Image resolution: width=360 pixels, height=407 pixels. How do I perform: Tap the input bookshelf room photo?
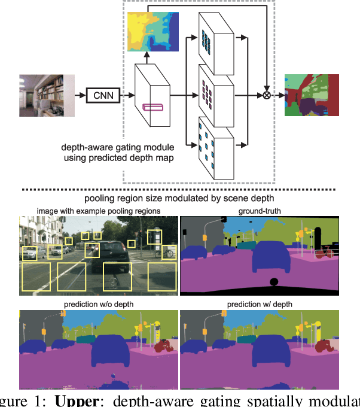(x=47, y=95)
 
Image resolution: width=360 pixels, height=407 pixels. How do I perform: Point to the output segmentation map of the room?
(x=312, y=95)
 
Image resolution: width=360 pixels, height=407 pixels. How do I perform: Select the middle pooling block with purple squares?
(x=215, y=93)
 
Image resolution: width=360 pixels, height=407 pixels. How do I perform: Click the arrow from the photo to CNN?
(x=80, y=95)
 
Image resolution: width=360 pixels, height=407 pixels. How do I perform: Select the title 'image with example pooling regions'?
(x=99, y=210)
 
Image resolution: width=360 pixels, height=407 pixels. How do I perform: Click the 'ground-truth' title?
(x=259, y=210)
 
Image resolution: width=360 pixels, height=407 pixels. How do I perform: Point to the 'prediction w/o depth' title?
(x=99, y=305)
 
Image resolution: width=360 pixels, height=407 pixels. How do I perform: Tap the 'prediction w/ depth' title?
(x=259, y=305)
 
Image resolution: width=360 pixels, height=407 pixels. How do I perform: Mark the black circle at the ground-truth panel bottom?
(x=274, y=283)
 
